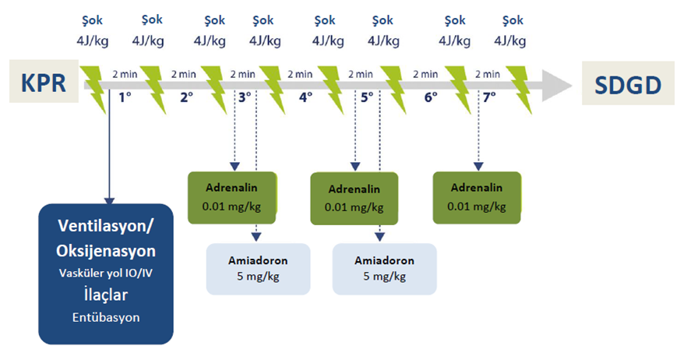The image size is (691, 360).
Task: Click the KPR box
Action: [x=44, y=82]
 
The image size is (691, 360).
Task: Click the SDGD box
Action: [x=628, y=83]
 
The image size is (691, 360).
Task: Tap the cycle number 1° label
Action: [x=125, y=97]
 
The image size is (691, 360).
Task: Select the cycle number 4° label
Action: [x=306, y=97]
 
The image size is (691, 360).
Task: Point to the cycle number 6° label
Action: [x=431, y=97]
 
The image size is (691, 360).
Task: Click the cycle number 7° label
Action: [x=489, y=97]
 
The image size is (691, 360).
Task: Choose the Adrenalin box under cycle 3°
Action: [x=232, y=198]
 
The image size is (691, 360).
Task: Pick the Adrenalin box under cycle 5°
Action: [x=354, y=199]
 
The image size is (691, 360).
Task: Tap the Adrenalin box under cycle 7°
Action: [x=477, y=198]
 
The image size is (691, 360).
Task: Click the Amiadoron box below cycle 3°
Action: [x=258, y=269]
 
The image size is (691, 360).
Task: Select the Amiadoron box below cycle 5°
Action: [x=384, y=269]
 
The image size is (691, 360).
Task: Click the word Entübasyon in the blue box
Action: [x=106, y=317]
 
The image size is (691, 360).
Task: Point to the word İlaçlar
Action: [x=106, y=295]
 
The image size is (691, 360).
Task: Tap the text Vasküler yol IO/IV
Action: [x=106, y=274]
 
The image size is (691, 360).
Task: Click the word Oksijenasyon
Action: [x=106, y=251]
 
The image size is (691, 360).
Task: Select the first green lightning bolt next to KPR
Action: [x=93, y=90]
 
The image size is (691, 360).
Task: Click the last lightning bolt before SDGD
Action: [x=519, y=90]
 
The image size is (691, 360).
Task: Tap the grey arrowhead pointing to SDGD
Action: [x=556, y=86]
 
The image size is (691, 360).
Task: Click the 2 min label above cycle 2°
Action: [x=184, y=74]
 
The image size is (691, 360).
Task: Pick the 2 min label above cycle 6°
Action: [x=425, y=74]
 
